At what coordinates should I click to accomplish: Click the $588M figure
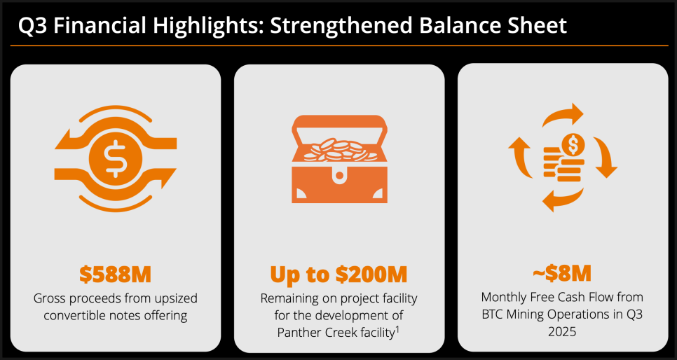[x=115, y=275]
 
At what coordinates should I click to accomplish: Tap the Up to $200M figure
[x=339, y=275]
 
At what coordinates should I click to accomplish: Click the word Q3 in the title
[x=33, y=26]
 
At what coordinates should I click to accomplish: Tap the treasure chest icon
[x=339, y=159]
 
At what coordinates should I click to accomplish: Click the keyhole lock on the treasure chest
[x=339, y=174]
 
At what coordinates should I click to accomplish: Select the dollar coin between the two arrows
[x=115, y=159]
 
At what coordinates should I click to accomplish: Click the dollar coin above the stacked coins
[x=573, y=145]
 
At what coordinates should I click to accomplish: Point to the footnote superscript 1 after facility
[x=397, y=328]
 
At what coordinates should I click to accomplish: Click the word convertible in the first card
[x=73, y=316]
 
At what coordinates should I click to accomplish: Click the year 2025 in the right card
[x=562, y=331]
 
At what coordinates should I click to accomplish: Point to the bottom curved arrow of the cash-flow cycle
[x=563, y=200]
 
